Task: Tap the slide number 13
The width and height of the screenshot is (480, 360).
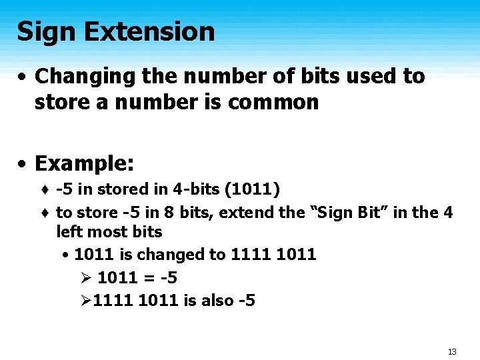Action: [452, 351]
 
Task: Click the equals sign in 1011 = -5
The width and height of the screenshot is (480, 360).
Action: [147, 278]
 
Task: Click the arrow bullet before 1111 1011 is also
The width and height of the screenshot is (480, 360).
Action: [83, 301]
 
